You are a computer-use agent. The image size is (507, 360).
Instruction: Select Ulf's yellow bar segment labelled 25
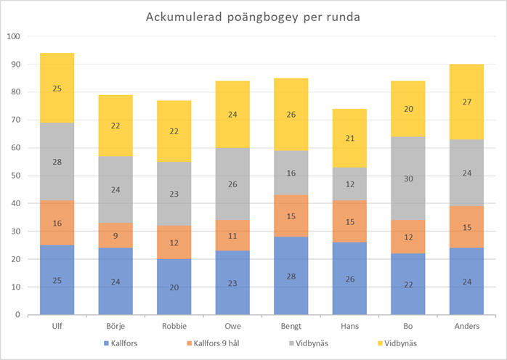tap(57, 88)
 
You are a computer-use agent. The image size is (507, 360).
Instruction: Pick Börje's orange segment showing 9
tap(115, 235)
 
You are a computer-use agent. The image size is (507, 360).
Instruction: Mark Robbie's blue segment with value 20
tap(174, 287)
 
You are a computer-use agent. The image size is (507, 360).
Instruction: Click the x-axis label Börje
tap(115, 325)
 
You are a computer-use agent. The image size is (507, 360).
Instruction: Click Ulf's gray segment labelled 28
tap(57, 162)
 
